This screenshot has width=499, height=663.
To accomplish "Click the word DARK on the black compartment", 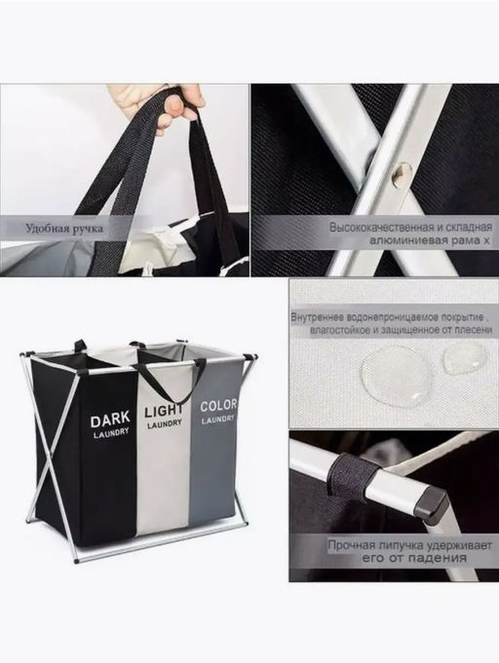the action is click(x=110, y=420).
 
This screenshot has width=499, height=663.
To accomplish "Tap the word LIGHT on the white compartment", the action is click(x=164, y=411).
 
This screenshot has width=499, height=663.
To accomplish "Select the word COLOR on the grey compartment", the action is click(x=218, y=406).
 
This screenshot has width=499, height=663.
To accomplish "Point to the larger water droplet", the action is click(x=397, y=373).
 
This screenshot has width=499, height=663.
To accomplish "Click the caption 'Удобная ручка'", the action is click(x=64, y=229).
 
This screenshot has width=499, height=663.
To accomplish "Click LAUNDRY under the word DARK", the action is click(x=111, y=434).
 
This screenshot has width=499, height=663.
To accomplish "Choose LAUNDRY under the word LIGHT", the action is click(x=165, y=424).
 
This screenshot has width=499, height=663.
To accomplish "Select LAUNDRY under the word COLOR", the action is click(x=217, y=420).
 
